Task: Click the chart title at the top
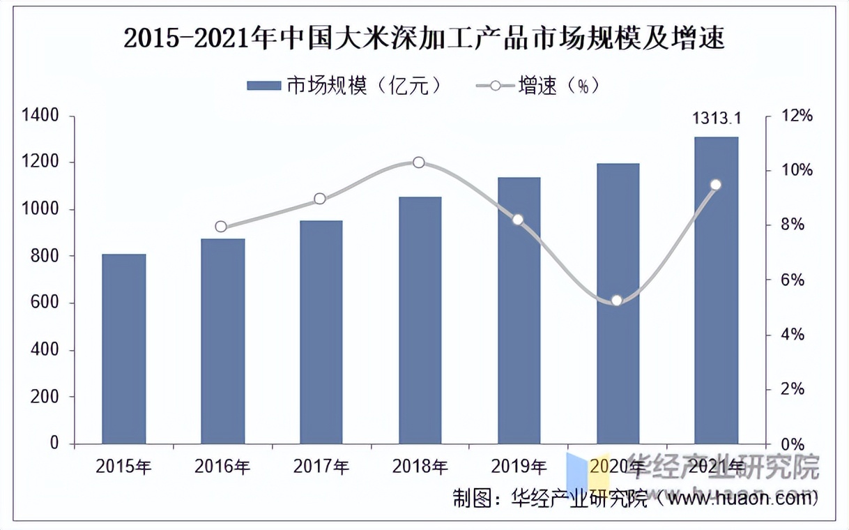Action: coord(424,38)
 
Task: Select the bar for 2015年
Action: coord(124,349)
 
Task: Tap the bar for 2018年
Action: coord(420,321)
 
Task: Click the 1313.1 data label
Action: coord(717,119)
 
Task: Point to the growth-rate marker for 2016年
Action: coord(221,227)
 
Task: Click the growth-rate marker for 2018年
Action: coord(419,162)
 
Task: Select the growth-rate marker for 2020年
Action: coord(616,301)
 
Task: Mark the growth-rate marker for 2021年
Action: coord(716,185)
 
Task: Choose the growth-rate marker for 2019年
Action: coord(517,220)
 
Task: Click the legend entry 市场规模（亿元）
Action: coord(345,86)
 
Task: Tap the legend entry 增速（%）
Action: coord(538,86)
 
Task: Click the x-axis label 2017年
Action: coord(321,467)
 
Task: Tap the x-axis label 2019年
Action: coord(519,467)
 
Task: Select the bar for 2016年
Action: coord(223,341)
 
